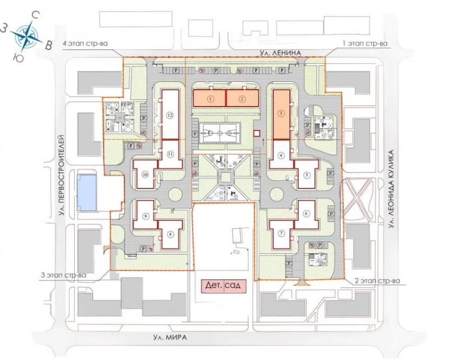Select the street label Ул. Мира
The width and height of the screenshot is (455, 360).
tap(170, 337)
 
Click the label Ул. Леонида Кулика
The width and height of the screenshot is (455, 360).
tap(391, 189)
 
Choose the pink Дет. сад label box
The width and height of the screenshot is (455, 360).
tap(224, 285)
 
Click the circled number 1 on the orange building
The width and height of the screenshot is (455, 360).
tap(211, 99)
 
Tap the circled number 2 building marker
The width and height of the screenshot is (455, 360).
tap(242, 99)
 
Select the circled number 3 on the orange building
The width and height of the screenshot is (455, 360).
tap(281, 114)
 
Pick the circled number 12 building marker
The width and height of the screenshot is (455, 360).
tap(170, 115)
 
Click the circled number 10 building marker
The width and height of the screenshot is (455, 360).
tap(146, 174)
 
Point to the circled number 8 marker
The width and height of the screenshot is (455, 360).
tap(170, 234)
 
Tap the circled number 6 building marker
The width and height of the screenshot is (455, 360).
tap(306, 213)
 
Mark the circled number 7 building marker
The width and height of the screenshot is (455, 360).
tap(281, 234)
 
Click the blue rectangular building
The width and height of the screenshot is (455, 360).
tap(86, 193)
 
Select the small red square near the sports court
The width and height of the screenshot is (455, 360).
tap(257, 133)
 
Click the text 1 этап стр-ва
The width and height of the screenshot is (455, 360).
tap(365, 44)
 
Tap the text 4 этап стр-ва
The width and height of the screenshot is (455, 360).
tap(85, 44)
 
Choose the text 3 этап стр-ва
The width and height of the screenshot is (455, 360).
tap(64, 275)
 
